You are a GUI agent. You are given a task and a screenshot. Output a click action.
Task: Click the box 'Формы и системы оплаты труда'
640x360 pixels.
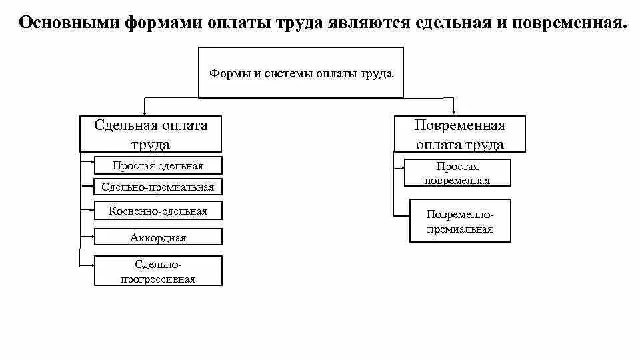[x=301, y=73]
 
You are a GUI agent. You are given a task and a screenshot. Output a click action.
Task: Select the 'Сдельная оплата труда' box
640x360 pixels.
[x=151, y=134]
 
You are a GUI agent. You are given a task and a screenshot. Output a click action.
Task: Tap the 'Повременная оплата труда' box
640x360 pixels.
[x=460, y=134]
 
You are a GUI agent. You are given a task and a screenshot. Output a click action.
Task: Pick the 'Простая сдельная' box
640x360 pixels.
[x=158, y=165]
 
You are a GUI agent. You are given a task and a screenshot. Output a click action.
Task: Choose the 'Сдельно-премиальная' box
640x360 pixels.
[x=158, y=187]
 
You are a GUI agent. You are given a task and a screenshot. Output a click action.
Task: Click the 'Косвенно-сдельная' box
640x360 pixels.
[x=158, y=211]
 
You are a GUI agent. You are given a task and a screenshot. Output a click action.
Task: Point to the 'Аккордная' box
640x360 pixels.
[x=158, y=237]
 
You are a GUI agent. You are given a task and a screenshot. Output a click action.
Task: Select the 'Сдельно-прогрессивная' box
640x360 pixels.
[x=158, y=271]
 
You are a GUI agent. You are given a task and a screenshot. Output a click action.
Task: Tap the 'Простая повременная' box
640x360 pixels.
[x=457, y=173]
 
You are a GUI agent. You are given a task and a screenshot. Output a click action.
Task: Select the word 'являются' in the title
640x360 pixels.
[x=367, y=24]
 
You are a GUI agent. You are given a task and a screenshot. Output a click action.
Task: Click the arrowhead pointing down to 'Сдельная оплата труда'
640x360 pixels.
[x=145, y=113]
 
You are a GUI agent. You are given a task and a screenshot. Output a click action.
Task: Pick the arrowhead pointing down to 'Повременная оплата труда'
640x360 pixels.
[x=454, y=113]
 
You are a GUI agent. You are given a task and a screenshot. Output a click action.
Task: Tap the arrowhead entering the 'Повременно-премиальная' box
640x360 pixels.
[x=406, y=215]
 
